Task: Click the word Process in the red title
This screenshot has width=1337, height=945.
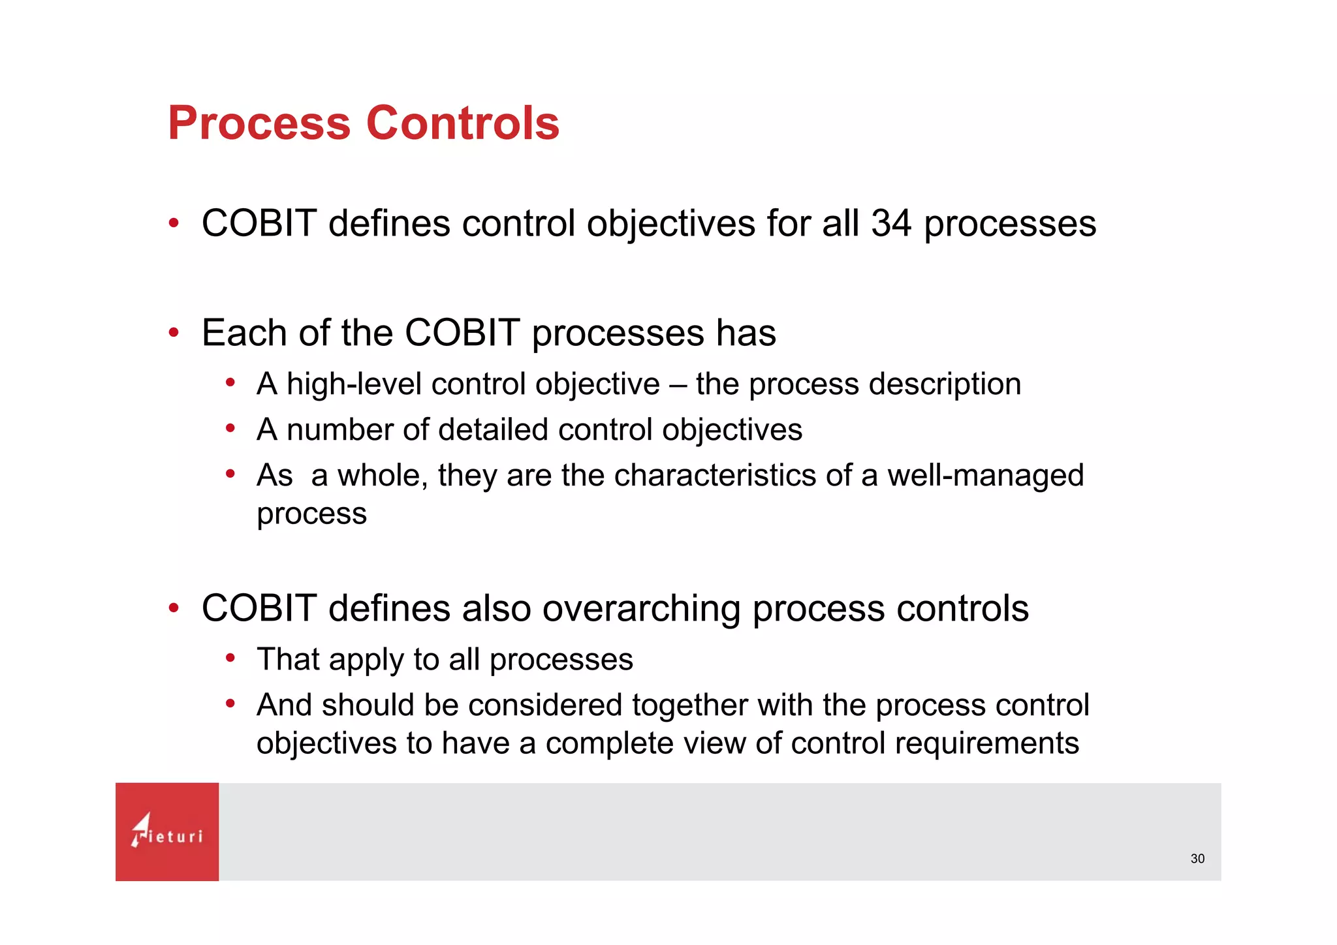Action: point(259,123)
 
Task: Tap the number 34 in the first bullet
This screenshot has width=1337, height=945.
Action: point(891,223)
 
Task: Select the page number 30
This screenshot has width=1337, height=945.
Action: point(1197,859)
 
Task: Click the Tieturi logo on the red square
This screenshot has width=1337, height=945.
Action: point(166,831)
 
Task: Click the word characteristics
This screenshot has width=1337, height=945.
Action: point(715,475)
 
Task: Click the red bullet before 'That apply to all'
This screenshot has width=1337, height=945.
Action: point(230,658)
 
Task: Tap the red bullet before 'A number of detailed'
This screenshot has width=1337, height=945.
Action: point(230,429)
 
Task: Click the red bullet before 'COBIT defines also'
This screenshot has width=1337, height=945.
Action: point(173,608)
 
